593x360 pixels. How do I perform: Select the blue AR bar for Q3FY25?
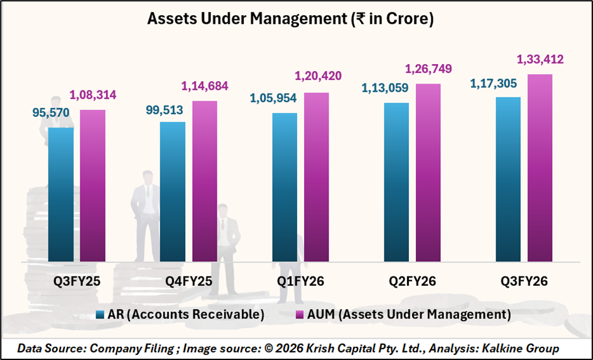[60, 194]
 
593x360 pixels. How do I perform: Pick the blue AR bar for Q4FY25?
[173, 191]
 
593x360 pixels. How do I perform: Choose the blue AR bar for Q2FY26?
[396, 182]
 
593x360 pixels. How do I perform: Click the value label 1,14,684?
[205, 86]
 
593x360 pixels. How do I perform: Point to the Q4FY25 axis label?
[188, 281]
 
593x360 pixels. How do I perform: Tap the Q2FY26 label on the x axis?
[412, 281]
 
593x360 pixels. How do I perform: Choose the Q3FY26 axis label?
[523, 281]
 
